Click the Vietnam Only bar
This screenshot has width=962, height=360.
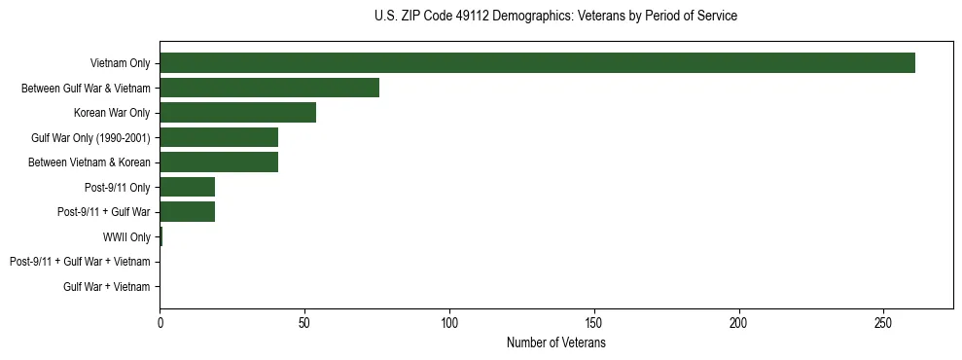(537, 63)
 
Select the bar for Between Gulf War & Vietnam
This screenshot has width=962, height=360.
(269, 88)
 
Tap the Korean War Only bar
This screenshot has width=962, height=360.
(237, 113)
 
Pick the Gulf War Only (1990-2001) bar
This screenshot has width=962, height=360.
(219, 137)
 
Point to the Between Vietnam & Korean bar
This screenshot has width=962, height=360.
(219, 162)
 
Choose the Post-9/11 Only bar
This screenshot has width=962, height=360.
(187, 187)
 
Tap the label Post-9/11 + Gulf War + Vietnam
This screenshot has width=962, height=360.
(80, 262)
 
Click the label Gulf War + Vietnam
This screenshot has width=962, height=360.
(107, 287)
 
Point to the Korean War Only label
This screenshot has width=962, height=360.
(112, 113)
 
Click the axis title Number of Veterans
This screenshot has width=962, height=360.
(556, 342)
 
